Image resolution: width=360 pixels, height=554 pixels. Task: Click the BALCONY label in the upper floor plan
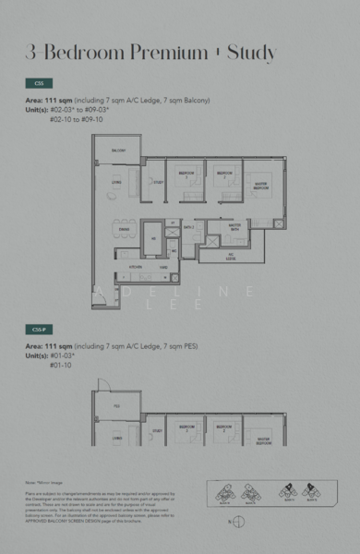[x=118, y=150]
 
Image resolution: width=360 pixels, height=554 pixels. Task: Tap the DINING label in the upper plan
[x=123, y=228]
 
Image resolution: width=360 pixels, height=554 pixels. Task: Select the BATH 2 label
[x=187, y=226]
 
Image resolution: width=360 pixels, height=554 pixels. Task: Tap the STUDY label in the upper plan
[x=159, y=182]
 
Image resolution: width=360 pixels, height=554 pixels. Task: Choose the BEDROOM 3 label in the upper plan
[x=186, y=174]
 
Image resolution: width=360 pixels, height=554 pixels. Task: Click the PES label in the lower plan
[x=117, y=405]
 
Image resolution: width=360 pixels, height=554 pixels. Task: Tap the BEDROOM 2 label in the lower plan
[x=222, y=428]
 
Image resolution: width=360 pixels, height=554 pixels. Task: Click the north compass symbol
[x=238, y=522]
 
